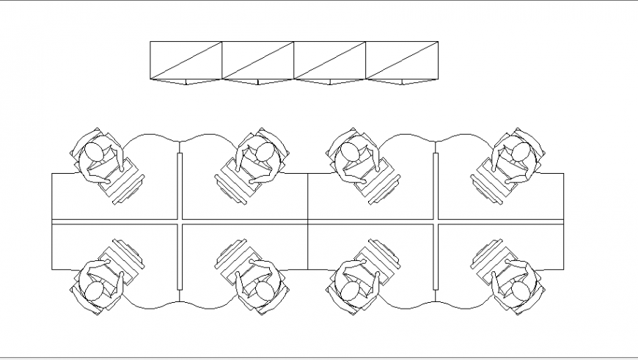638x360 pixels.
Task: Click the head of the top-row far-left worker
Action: (x=94, y=153)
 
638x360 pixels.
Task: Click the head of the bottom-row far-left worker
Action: (x=94, y=291)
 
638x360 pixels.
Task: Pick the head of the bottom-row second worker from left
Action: (x=265, y=291)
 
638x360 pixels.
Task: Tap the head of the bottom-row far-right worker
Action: (x=521, y=291)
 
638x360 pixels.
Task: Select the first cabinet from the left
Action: (x=186, y=61)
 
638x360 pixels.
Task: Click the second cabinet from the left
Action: (x=258, y=61)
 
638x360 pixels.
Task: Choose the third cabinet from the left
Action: (x=330, y=61)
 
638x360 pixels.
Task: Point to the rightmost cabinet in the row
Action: (x=402, y=61)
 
